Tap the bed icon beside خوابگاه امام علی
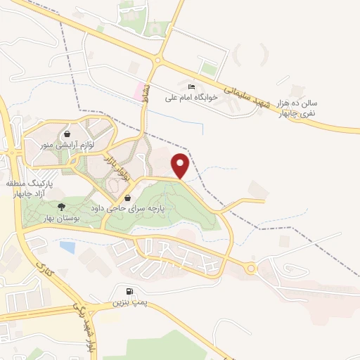point(172,86)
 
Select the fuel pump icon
point(128,292)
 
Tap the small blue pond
point(67,247)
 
